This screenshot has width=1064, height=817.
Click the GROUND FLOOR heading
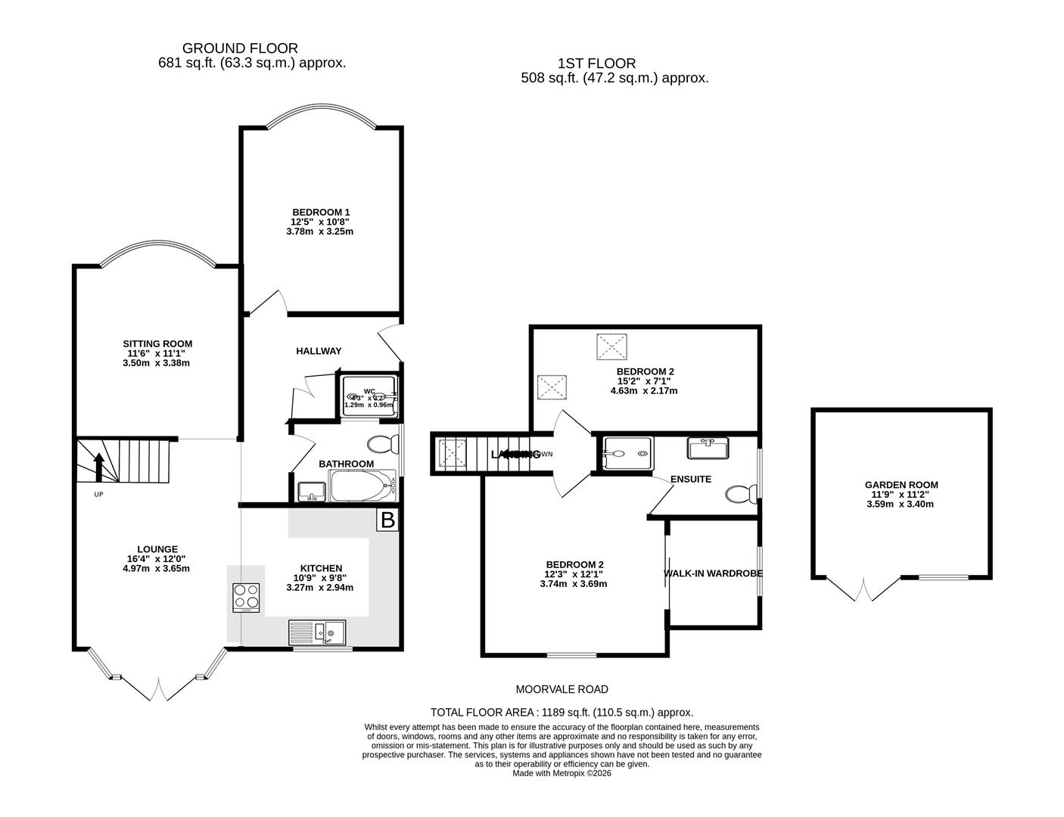pyautogui.click(x=240, y=48)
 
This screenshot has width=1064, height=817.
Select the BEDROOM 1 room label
pyautogui.click(x=321, y=212)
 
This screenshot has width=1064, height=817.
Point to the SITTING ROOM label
pyautogui.click(x=157, y=343)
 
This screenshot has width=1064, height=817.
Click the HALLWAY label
pyautogui.click(x=319, y=351)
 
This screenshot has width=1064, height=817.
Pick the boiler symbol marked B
pyautogui.click(x=387, y=520)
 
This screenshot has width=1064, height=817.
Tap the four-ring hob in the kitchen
pyautogui.click(x=247, y=598)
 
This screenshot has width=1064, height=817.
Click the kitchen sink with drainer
pyautogui.click(x=317, y=632)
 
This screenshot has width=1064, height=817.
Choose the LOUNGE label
pyautogui.click(x=157, y=549)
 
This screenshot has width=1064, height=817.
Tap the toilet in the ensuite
pyautogui.click(x=740, y=495)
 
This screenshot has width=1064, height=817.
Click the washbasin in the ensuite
pyautogui.click(x=707, y=448)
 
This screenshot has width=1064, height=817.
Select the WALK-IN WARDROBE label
pyautogui.click(x=713, y=573)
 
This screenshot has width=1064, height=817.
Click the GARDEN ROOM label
pyautogui.click(x=901, y=485)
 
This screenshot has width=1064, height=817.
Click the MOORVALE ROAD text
pyautogui.click(x=562, y=689)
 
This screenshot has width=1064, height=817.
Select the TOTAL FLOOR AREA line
pyautogui.click(x=562, y=712)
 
